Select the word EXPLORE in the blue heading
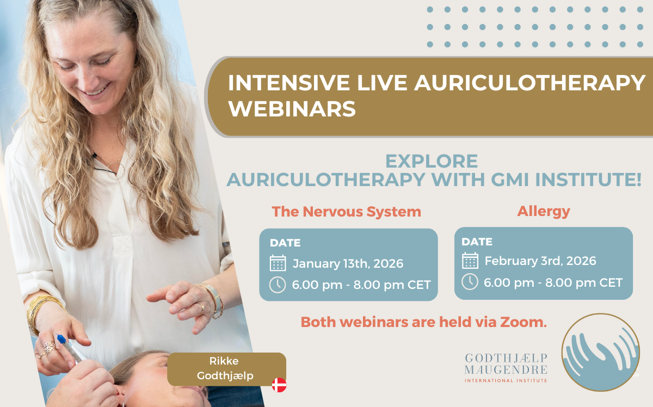coord(432,161)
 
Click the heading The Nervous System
coord(347,212)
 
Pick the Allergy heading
coord(544,211)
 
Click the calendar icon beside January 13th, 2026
coord(278,263)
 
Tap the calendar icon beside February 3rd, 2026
coord(470,261)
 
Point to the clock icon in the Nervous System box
coord(278,285)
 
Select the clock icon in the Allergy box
coord(470,282)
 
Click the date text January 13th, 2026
coord(348,264)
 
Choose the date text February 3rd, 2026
coord(540,261)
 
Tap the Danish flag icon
coord(279,385)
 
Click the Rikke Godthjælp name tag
coord(226,368)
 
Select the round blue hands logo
coord(600,352)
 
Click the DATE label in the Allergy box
coord(477,242)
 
